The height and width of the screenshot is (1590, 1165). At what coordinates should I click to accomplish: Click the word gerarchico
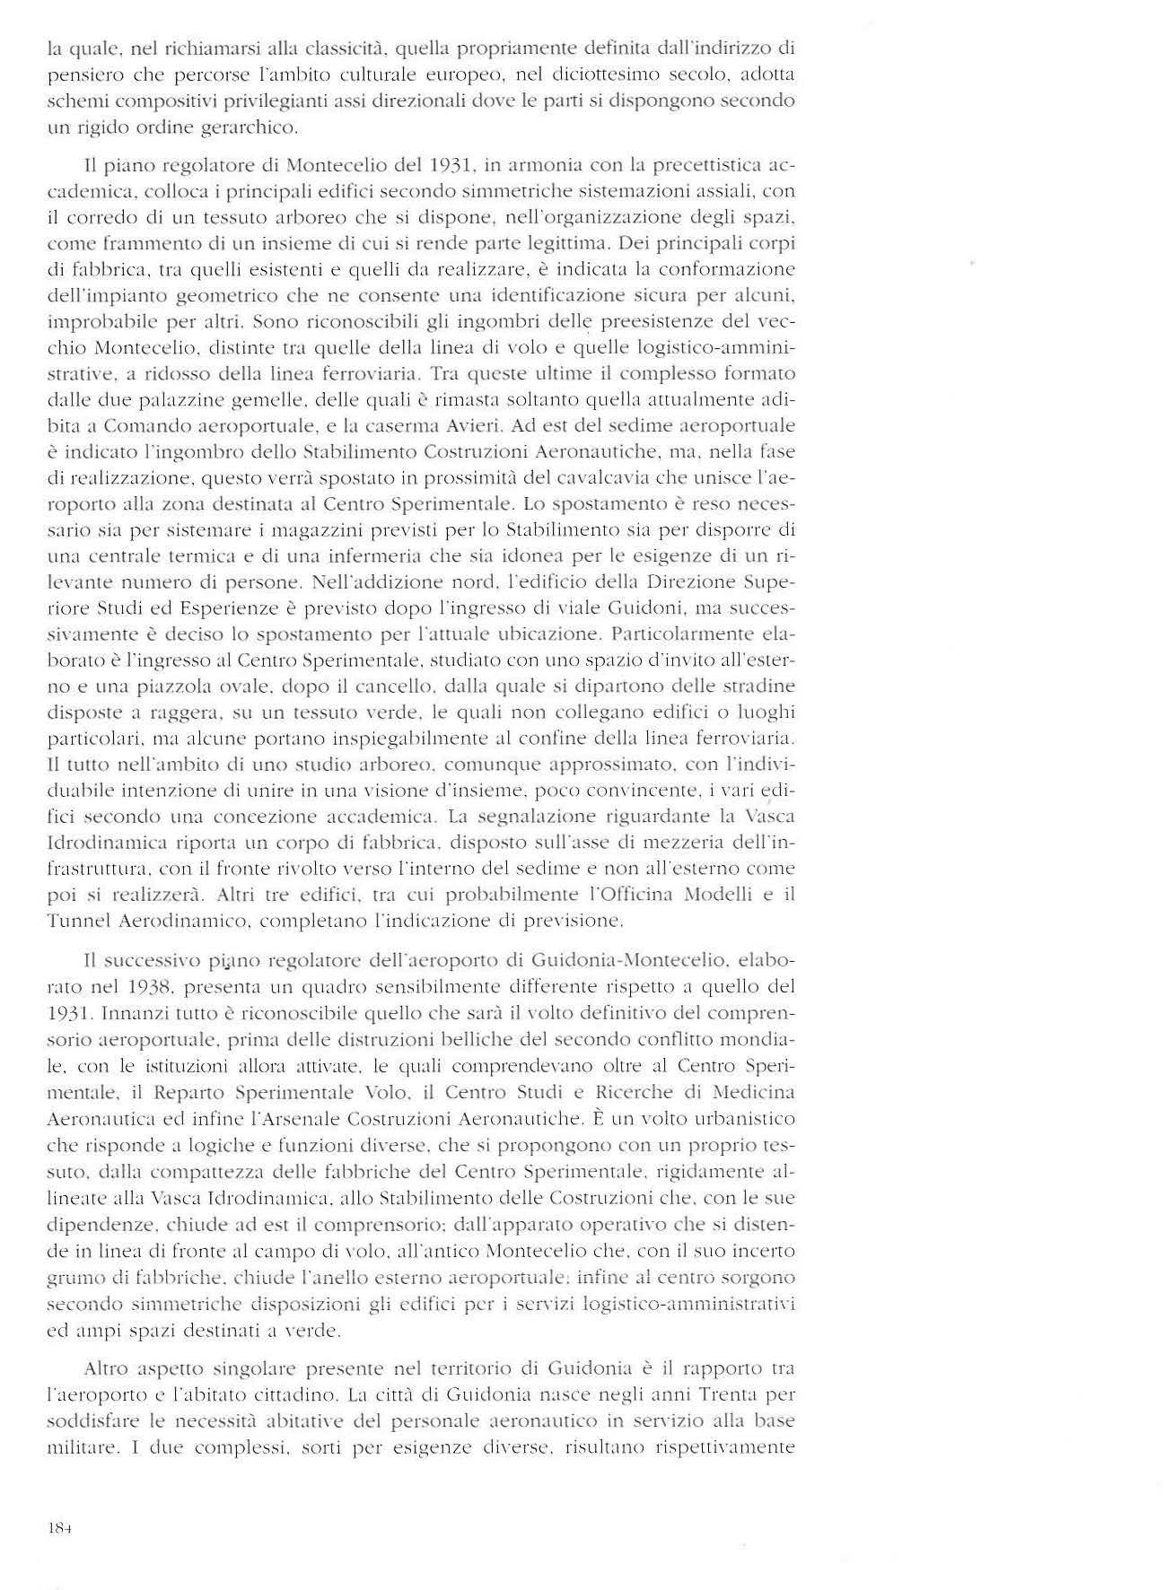(x=253, y=127)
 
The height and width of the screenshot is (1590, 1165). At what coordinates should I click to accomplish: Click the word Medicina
(x=752, y=1093)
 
